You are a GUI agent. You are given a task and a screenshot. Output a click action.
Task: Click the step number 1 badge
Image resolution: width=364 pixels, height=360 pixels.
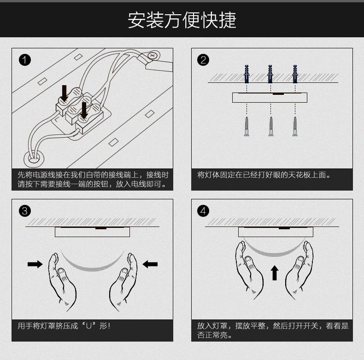point(25,60)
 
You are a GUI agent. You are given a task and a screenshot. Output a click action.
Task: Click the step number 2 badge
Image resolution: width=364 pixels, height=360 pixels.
point(203,60)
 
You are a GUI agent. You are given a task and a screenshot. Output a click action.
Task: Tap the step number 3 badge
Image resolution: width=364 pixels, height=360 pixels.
point(25,211)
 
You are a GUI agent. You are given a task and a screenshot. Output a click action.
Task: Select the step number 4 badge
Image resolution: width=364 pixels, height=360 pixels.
point(203,211)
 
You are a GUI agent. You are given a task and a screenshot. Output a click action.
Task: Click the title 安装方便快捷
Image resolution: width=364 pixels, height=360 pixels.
point(182,20)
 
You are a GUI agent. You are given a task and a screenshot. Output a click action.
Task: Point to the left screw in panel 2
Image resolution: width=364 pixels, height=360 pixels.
point(247,127)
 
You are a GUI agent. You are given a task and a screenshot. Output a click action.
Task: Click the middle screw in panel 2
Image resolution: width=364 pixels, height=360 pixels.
point(270,127)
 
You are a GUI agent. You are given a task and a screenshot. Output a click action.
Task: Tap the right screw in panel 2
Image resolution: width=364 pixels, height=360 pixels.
point(295,127)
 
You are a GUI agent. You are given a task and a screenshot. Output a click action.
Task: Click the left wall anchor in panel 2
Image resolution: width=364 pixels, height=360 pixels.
point(247,73)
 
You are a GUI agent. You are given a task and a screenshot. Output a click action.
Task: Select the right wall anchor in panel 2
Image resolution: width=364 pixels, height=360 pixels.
point(295,73)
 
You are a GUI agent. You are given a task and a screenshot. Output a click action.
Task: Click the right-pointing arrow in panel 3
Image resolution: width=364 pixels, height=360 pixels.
point(35,264)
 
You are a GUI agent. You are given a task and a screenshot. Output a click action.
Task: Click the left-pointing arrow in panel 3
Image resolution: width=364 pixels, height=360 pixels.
point(150,264)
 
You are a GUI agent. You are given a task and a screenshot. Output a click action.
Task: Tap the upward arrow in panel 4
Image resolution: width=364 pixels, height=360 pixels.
point(275,273)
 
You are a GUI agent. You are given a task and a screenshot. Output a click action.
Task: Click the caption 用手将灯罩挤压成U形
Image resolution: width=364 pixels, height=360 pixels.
point(65,326)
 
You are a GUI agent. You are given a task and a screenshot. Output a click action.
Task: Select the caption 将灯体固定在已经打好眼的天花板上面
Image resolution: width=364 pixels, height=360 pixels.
point(264,175)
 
